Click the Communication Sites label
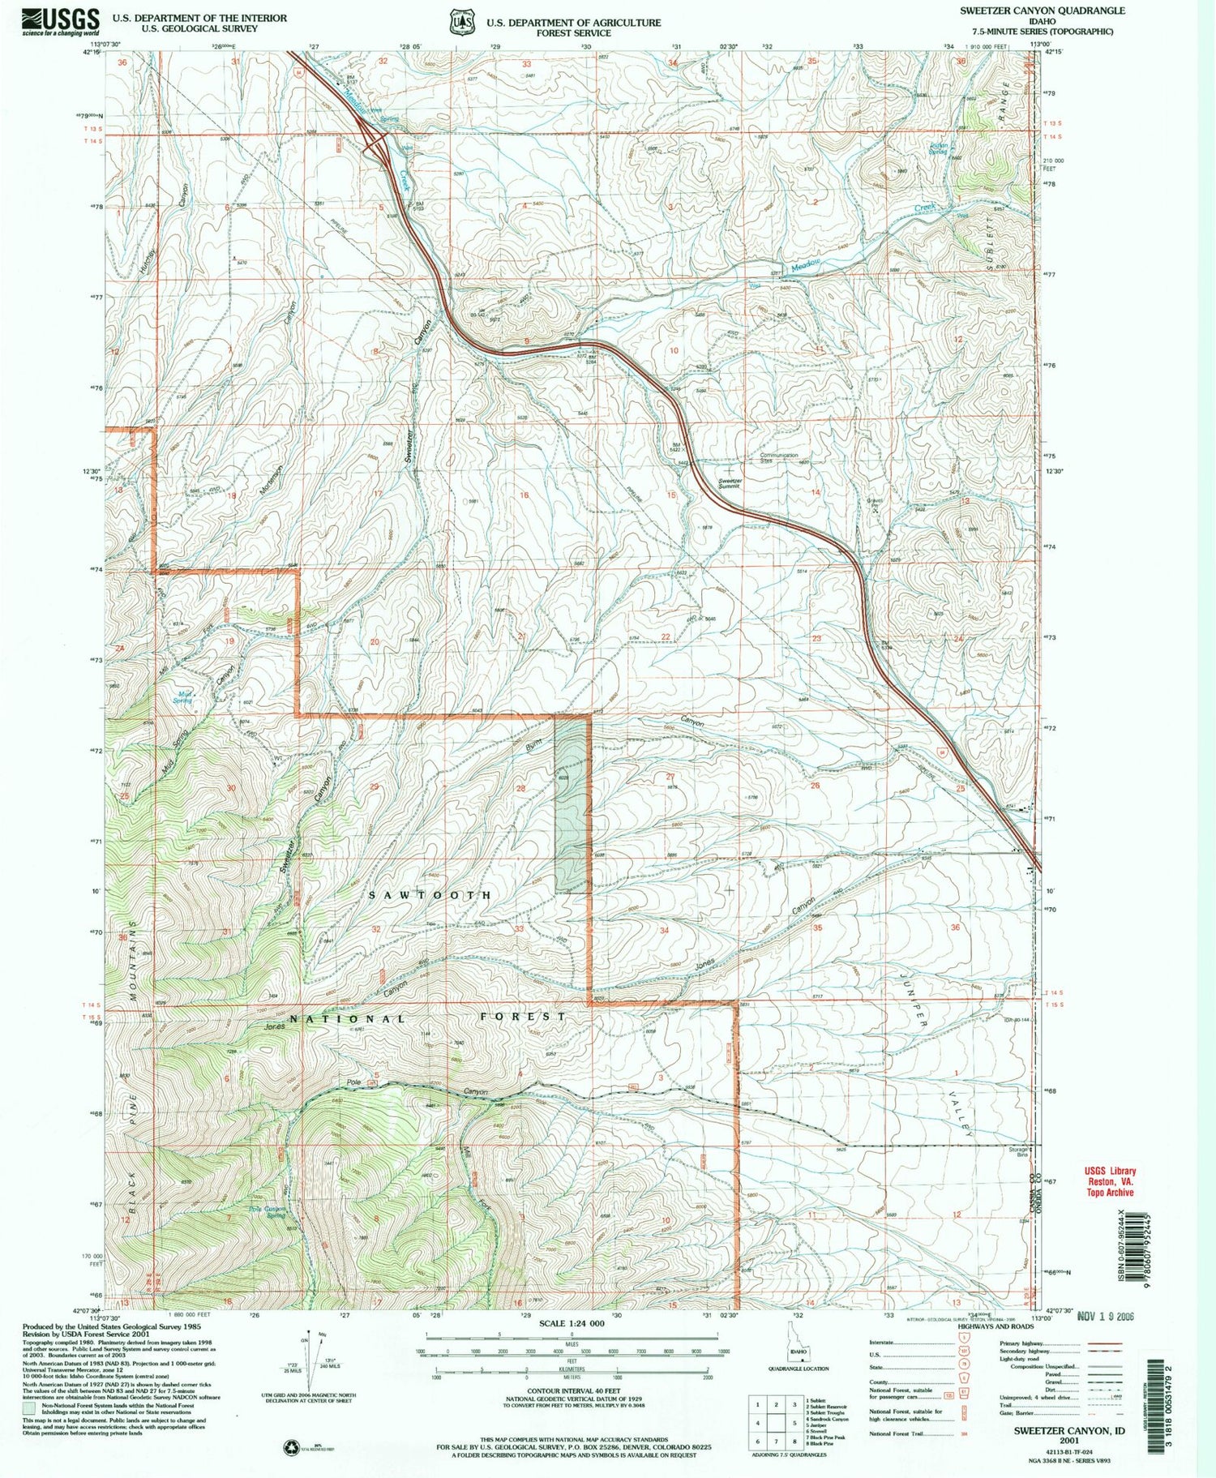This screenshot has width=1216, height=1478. pyautogui.click(x=778, y=458)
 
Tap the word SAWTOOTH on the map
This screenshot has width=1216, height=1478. pyautogui.click(x=430, y=895)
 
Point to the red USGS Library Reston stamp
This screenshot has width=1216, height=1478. pyautogui.click(x=1110, y=1181)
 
